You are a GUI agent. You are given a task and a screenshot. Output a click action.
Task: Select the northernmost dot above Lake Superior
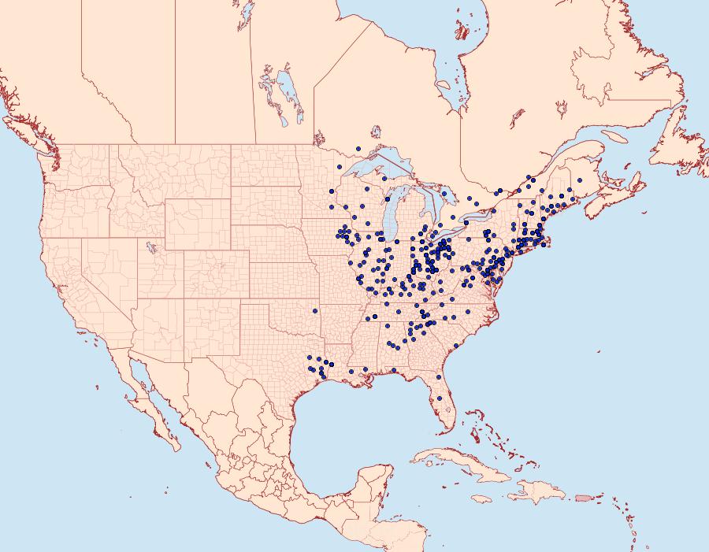[358, 148]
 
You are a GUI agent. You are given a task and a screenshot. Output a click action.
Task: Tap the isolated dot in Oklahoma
[315, 311]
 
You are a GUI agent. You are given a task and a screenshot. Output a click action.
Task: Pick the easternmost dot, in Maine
[570, 190]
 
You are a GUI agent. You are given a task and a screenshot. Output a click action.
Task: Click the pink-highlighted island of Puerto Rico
[583, 497]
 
